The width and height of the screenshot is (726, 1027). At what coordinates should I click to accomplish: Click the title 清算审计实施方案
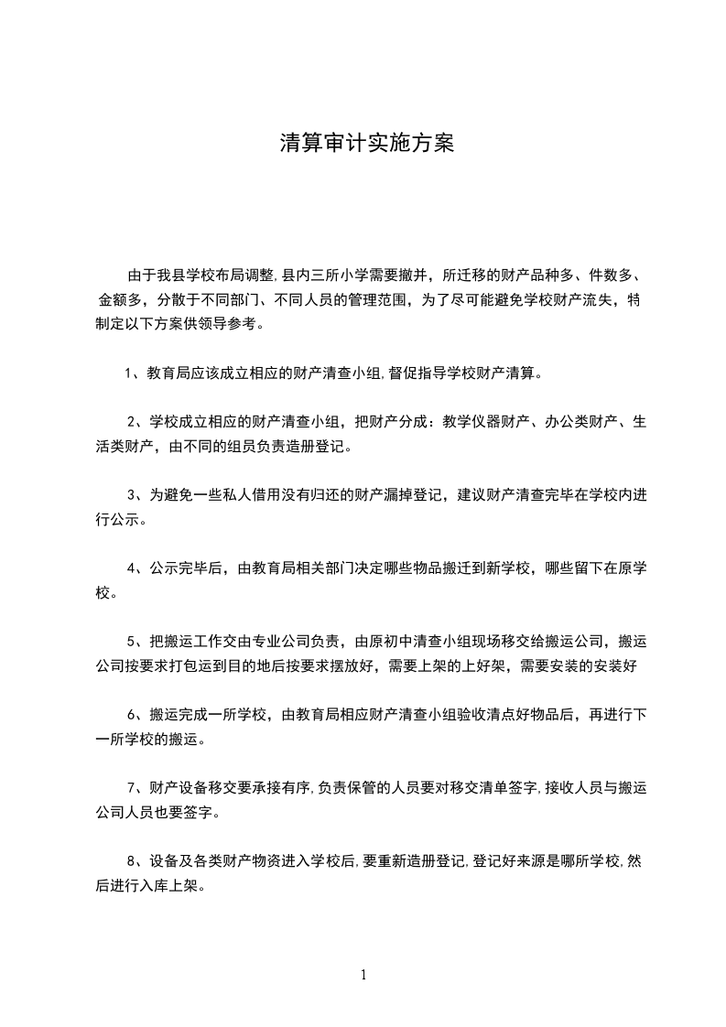click(x=366, y=144)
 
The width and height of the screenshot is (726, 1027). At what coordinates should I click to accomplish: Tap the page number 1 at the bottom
click(x=363, y=975)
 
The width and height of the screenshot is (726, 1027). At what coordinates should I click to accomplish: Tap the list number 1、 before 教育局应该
click(x=131, y=373)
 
